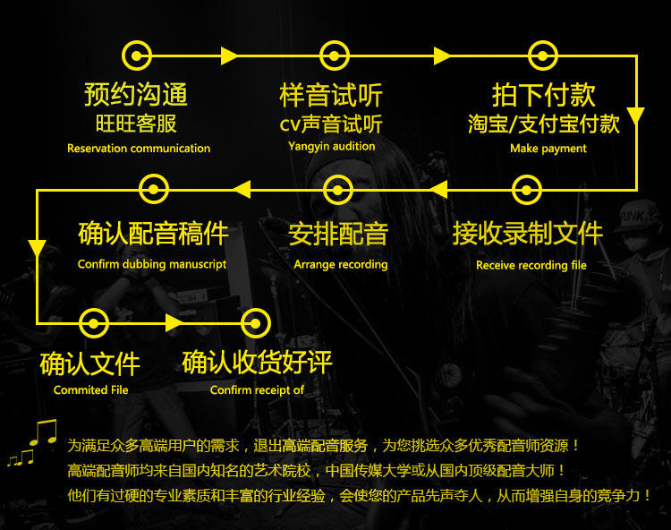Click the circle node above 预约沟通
click(x=136, y=56)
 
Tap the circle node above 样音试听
click(x=334, y=56)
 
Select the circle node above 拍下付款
click(x=542, y=56)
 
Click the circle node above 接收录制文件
click(x=527, y=189)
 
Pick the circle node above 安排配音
click(x=337, y=189)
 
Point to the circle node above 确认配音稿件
click(x=154, y=189)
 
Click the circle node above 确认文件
click(x=94, y=322)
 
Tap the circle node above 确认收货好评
click(x=256, y=322)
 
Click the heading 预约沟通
click(x=136, y=94)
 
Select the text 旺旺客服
click(x=136, y=124)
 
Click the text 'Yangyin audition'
click(x=332, y=146)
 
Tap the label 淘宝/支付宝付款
click(x=544, y=124)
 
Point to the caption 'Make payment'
click(x=548, y=149)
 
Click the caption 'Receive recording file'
click(x=531, y=265)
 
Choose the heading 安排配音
click(x=338, y=235)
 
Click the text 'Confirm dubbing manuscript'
click(x=152, y=264)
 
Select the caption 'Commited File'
click(x=91, y=389)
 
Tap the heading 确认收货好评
click(x=258, y=363)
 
